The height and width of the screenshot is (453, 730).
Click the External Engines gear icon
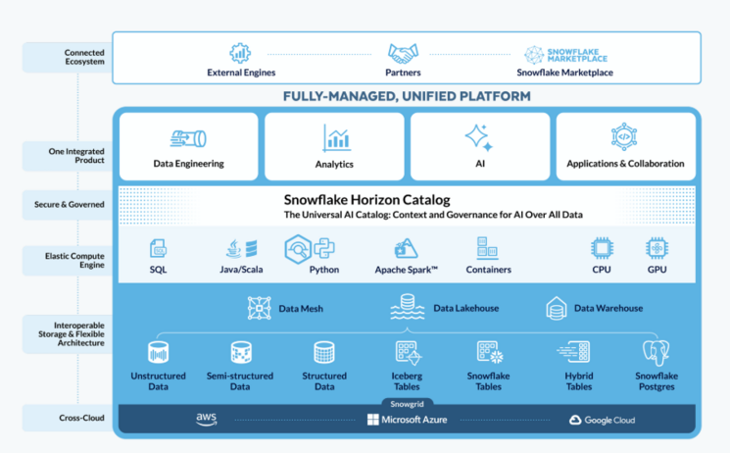tap(240, 53)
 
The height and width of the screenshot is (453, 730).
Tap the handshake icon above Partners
tap(404, 53)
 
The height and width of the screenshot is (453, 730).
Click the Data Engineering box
tap(188, 147)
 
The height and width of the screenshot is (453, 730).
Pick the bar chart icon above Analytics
tap(335, 138)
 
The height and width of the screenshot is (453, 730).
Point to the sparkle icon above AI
tap(479, 137)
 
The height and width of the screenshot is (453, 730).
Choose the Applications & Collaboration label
tap(625, 164)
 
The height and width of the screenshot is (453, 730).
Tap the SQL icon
tap(158, 248)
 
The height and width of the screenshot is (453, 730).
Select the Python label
tap(323, 269)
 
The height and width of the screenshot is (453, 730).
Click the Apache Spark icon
tap(406, 248)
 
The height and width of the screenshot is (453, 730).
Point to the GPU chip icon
tap(656, 248)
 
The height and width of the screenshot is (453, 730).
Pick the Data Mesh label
tap(301, 308)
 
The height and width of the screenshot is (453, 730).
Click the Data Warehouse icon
tap(557, 308)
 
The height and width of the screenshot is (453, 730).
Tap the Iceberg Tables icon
tap(408, 352)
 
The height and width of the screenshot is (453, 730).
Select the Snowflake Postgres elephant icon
tap(656, 353)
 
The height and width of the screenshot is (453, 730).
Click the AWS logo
tap(206, 420)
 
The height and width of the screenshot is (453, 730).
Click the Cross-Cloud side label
tap(77, 419)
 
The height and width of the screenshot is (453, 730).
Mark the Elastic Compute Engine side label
tap(77, 260)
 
